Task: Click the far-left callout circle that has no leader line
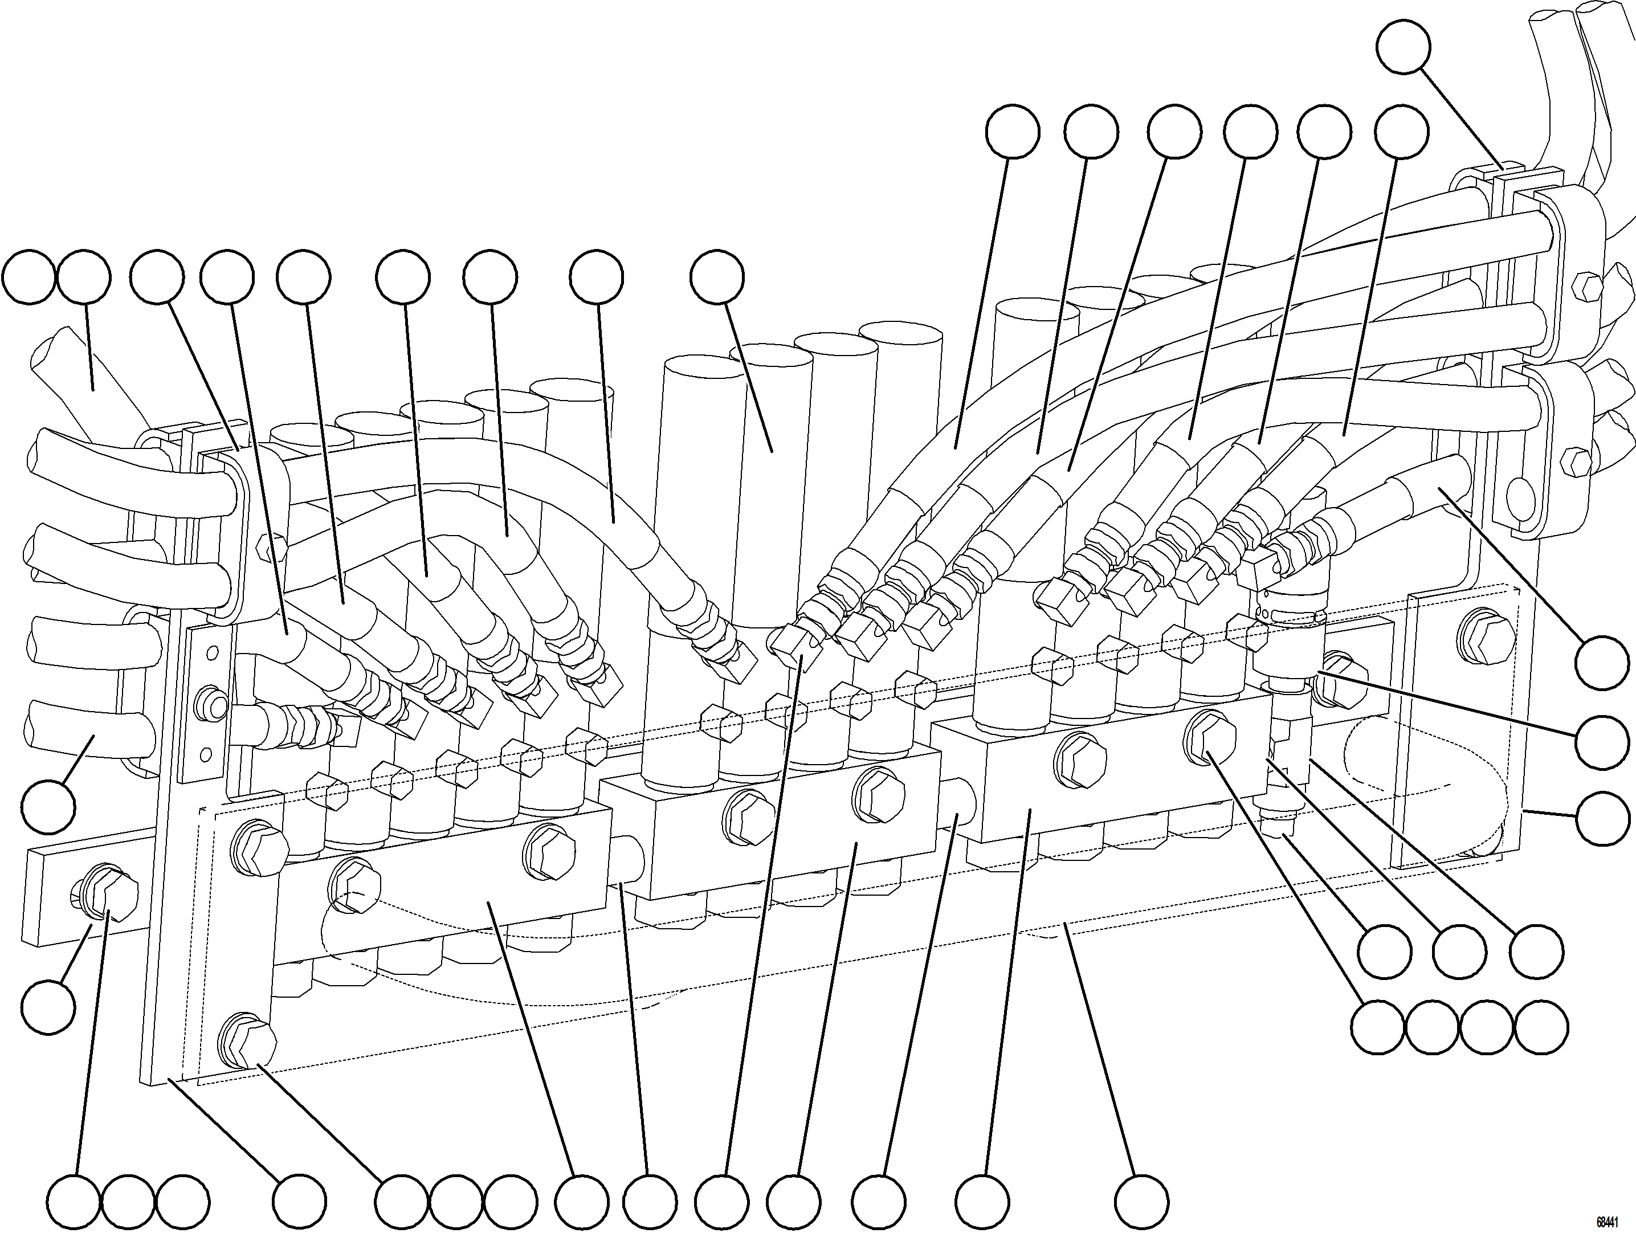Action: (28, 278)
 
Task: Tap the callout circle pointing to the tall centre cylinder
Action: (717, 278)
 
